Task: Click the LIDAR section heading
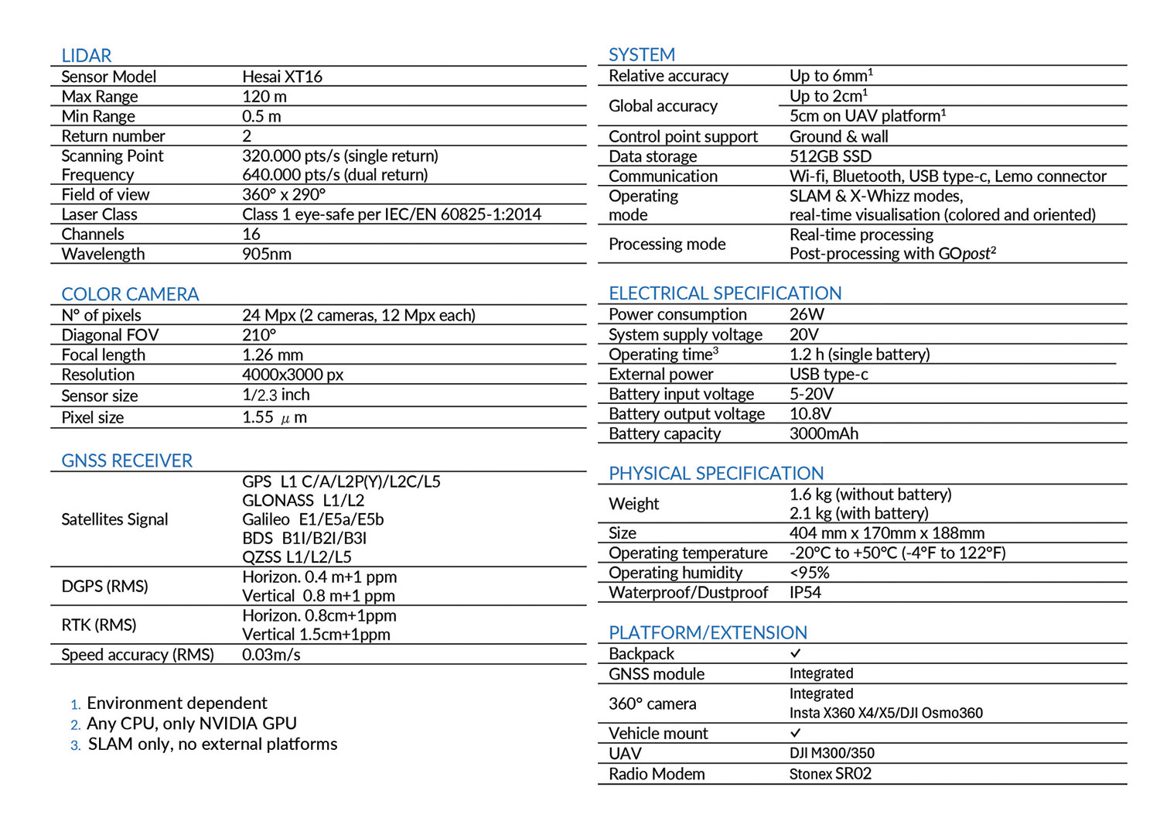click(87, 56)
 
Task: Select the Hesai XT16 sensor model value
click(281, 77)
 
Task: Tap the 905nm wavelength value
click(266, 254)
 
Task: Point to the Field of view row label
click(105, 194)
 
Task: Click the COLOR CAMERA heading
click(130, 294)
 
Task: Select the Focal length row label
click(103, 354)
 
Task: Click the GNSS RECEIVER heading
click(127, 461)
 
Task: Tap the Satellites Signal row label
click(114, 519)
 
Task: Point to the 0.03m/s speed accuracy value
click(271, 655)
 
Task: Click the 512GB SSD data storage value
click(830, 156)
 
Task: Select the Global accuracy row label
click(663, 106)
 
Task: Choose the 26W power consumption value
click(807, 314)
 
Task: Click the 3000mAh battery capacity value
click(824, 433)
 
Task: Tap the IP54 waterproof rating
click(805, 592)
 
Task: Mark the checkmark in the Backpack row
click(796, 653)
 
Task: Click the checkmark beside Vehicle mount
click(796, 732)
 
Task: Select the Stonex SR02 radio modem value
click(830, 774)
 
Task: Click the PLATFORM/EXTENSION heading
click(708, 632)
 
